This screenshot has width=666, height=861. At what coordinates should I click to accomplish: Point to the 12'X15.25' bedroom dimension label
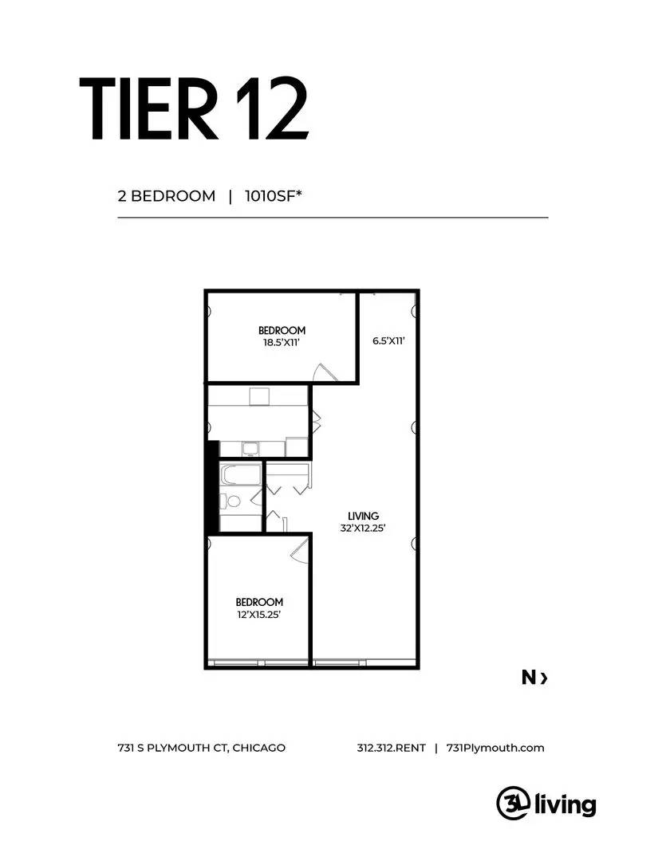(258, 615)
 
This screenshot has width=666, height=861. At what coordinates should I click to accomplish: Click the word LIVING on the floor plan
(363, 516)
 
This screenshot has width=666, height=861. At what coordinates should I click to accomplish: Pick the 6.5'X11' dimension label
(389, 341)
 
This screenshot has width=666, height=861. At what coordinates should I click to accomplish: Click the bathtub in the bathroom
(238, 476)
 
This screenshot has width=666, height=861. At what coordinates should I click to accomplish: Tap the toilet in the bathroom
(233, 501)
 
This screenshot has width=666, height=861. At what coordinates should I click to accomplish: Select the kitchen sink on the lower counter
(250, 448)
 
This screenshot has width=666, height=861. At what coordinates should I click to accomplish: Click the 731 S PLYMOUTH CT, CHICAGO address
(201, 748)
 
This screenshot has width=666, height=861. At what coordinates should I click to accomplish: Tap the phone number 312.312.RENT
(391, 748)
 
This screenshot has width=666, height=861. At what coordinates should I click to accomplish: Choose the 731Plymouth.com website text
(495, 748)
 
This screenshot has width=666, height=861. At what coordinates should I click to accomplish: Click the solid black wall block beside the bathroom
(212, 487)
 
